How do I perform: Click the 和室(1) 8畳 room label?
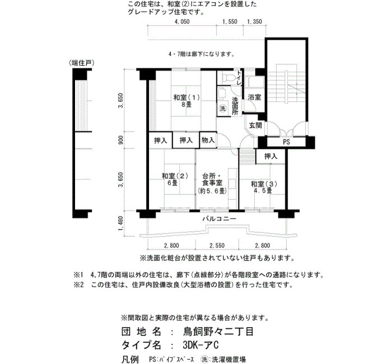[x=186, y=101]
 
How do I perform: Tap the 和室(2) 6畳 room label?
[x=175, y=179]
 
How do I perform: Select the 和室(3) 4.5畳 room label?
[x=264, y=187]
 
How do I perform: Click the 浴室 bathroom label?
[x=254, y=97]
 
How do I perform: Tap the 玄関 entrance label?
[x=255, y=125]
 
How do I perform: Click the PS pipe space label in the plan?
[x=287, y=142]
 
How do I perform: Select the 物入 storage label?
[x=208, y=140]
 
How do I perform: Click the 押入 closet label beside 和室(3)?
[x=270, y=156]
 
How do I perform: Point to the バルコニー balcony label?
[x=219, y=219]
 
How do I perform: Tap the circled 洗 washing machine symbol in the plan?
[x=222, y=108]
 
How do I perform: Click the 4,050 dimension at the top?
[x=182, y=21]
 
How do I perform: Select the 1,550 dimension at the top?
[x=230, y=21]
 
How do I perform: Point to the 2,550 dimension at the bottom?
[x=217, y=245]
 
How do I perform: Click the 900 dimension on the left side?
[x=120, y=140]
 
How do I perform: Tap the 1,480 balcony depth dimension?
[x=120, y=224]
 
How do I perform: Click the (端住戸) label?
[x=82, y=63]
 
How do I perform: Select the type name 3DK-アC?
[x=200, y=345]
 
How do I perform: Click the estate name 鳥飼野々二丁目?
[x=218, y=332]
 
